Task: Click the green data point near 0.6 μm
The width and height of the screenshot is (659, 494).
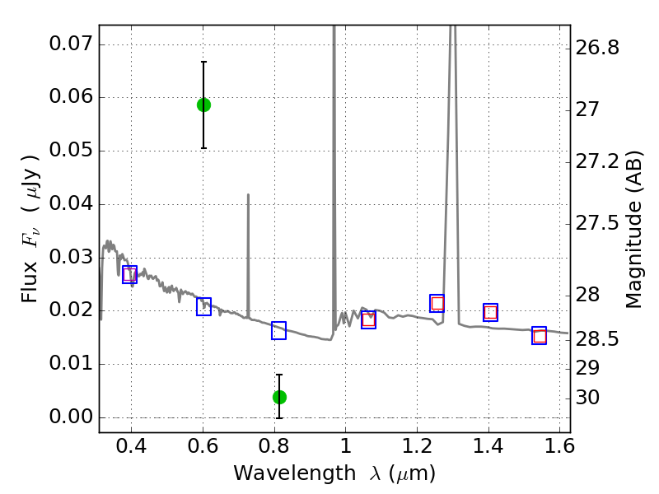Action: (203, 105)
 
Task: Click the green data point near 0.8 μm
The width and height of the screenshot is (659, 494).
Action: (279, 397)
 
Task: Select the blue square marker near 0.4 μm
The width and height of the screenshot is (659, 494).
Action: (129, 274)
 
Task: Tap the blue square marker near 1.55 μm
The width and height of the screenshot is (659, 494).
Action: (540, 335)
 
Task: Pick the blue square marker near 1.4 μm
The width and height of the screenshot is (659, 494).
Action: (491, 312)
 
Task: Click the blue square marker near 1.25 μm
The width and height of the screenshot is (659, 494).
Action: (437, 303)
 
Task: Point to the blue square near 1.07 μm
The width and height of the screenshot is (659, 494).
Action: (368, 320)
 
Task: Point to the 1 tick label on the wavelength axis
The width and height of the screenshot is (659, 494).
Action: (345, 449)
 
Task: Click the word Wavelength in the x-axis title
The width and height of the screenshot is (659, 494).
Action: (281, 473)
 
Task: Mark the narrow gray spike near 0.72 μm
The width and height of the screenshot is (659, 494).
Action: (248, 247)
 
